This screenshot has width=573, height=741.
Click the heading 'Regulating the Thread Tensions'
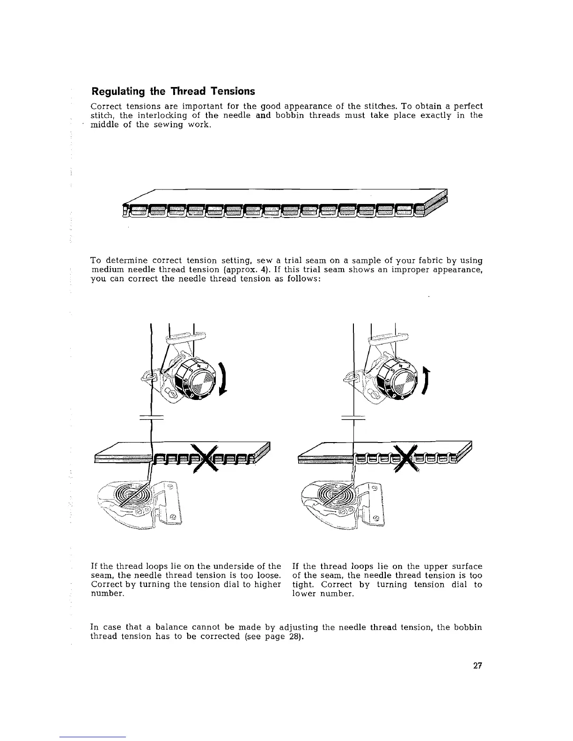pyautogui.click(x=173, y=91)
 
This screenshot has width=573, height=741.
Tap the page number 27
pyautogui.click(x=477, y=666)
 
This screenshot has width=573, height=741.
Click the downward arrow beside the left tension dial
pyautogui.click(x=224, y=379)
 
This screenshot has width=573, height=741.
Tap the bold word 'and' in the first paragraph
pyautogui.click(x=264, y=115)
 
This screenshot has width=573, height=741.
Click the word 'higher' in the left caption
pyautogui.click(x=268, y=585)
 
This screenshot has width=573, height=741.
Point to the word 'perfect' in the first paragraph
pyautogui.click(x=465, y=106)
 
